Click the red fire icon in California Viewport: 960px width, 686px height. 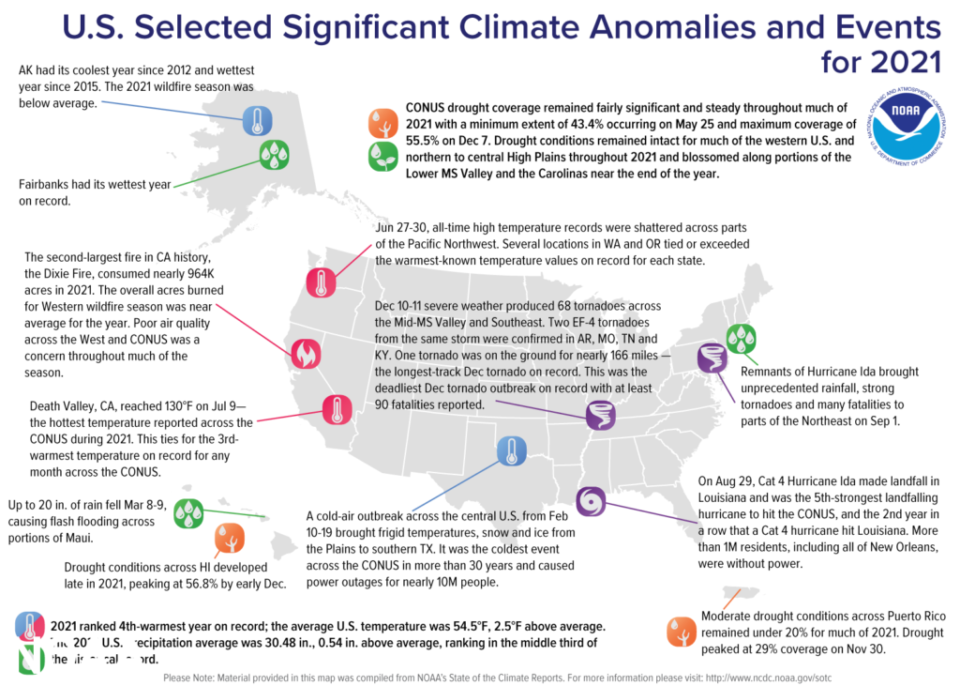click(305, 353)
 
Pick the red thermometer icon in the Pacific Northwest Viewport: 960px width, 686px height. click(322, 282)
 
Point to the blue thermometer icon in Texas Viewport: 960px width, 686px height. click(511, 451)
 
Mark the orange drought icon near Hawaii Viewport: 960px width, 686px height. click(230, 539)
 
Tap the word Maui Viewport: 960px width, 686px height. click(100, 539)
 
